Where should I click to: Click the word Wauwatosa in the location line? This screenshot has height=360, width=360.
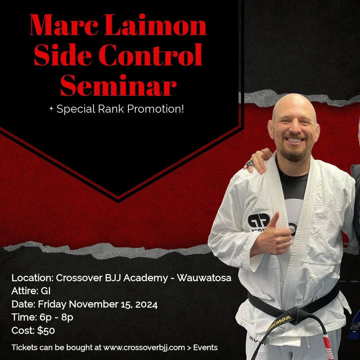[204, 278]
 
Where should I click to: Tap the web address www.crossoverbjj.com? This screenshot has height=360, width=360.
[144, 348]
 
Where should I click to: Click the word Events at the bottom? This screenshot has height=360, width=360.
[205, 348]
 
